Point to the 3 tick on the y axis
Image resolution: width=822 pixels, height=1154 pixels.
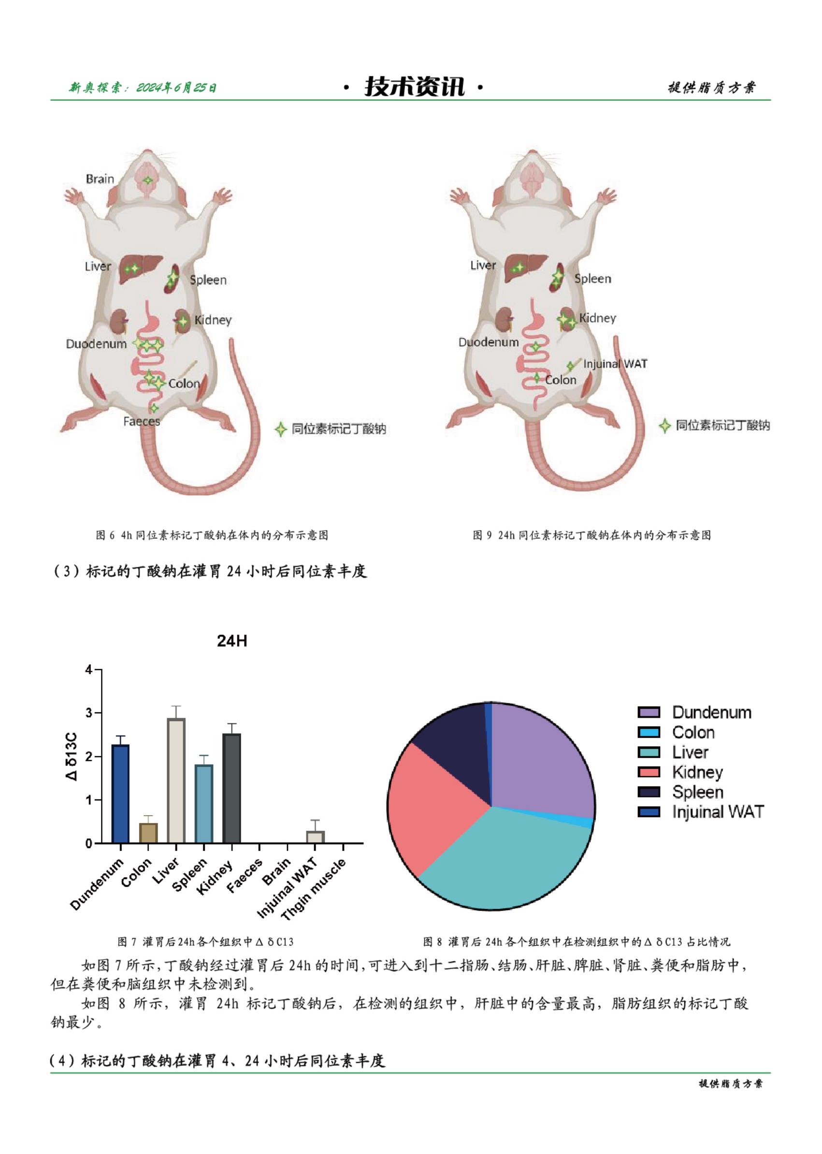point(89,713)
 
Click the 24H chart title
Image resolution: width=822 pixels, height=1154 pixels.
point(232,641)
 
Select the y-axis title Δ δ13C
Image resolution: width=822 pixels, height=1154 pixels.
point(72,756)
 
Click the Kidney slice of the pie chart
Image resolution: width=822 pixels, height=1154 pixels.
point(435,805)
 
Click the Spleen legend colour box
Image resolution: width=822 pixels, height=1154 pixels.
point(649,792)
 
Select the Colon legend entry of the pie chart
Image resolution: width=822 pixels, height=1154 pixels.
point(693,733)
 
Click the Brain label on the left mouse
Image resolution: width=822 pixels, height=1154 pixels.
point(100,179)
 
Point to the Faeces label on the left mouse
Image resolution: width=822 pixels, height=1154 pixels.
point(141,421)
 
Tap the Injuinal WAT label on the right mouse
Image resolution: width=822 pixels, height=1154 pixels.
point(615,364)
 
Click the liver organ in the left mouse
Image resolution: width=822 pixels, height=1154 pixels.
point(141,268)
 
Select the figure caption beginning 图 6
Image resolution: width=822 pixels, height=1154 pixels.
point(212,535)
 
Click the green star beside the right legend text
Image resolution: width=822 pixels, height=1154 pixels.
point(664,426)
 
